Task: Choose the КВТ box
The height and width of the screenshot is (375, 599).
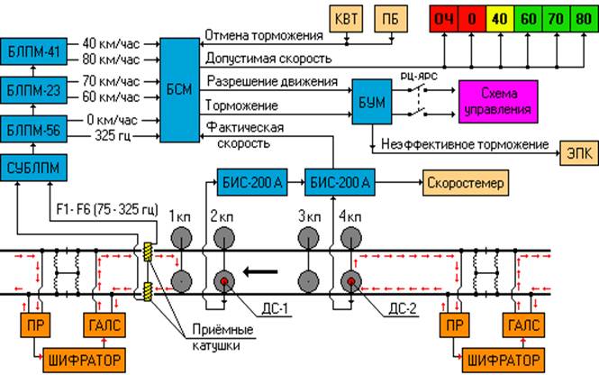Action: coord(346,20)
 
